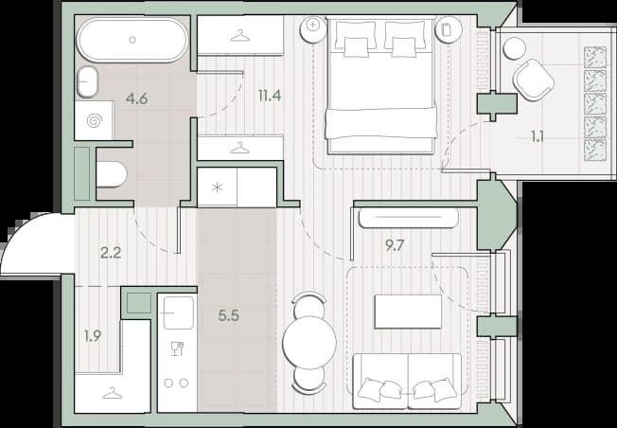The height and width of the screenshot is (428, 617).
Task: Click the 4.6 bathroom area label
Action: pos(136,98)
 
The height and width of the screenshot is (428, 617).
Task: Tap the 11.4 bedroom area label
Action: pos(270,96)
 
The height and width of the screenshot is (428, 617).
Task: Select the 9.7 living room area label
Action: pos(395,245)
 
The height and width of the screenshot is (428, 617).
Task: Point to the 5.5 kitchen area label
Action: pos(229,315)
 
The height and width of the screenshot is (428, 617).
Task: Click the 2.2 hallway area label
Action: pos(111,253)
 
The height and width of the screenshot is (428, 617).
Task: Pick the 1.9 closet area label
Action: pos(93,335)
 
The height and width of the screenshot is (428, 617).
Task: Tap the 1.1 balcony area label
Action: pos(538,136)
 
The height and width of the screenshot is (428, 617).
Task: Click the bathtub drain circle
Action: pos(132,40)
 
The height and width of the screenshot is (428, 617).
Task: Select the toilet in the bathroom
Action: pos(112,174)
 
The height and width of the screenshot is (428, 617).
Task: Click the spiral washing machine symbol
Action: pos(95,120)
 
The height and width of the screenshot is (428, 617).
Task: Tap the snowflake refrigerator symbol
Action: pos(217,187)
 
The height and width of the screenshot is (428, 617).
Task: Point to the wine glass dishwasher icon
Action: pos(178,348)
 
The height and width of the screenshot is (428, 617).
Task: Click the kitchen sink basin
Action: pos(178,312)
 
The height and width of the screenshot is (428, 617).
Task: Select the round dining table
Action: pos(309,343)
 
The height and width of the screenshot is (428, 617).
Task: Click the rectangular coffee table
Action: pos(408,312)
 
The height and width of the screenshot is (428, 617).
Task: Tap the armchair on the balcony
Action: pos(534,80)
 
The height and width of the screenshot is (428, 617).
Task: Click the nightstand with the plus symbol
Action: pos(313,28)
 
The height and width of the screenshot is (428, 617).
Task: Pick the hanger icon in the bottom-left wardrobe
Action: pos(113,393)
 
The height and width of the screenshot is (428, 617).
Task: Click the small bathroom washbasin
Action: pos(87,81)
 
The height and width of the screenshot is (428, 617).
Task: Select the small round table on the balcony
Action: pos(514,48)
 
